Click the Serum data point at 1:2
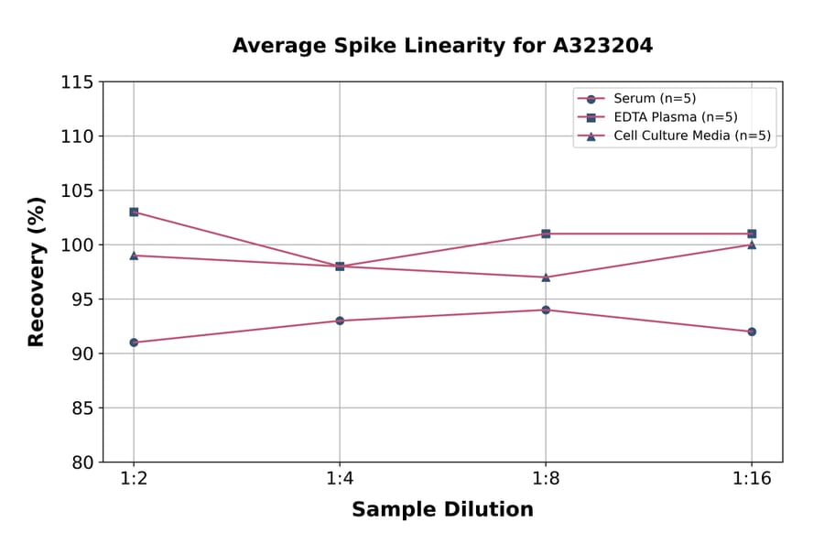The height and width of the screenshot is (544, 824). point(134,343)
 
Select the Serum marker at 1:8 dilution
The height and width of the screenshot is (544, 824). point(546,310)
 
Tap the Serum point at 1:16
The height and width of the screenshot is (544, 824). point(752,332)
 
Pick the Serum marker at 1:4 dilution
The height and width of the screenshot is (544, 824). point(340,321)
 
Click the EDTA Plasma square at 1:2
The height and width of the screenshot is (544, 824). point(134,212)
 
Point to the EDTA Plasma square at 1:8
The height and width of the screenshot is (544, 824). point(546,234)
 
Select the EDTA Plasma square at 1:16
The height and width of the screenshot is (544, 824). point(752,234)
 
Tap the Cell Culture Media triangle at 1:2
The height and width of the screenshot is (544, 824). point(134,256)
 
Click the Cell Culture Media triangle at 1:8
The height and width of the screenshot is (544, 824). point(546,277)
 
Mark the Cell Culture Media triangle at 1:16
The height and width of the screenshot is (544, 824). point(752,245)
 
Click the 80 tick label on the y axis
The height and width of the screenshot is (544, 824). point(82,462)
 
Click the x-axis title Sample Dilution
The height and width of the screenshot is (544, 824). point(442,510)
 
